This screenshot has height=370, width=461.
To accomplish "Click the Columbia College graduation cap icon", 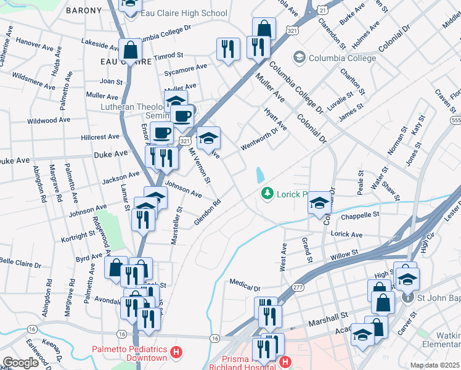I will click(300, 58).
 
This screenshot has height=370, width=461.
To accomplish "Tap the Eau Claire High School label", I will click(174, 12).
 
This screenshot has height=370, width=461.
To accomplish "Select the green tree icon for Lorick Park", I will click(267, 194).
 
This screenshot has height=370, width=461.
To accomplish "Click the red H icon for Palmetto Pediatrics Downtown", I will click(177, 353).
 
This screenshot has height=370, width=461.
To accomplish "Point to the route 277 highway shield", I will click(298, 287).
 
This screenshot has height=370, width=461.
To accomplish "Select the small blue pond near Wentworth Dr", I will click(259, 175).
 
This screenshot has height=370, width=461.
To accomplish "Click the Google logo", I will click(20, 363).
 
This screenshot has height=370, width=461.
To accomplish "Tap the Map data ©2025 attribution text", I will click(434, 365).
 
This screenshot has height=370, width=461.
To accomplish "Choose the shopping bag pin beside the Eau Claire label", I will click(131, 49).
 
